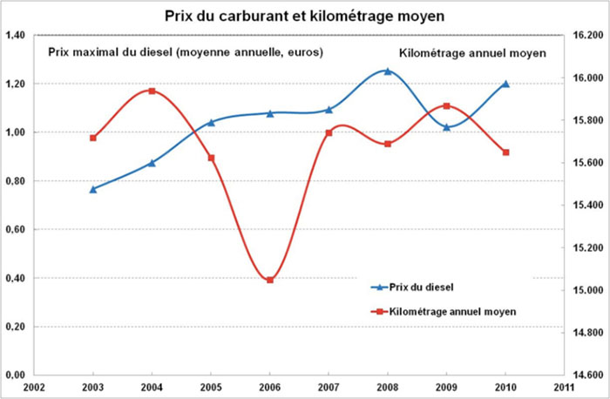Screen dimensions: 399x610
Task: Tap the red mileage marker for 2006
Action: [x=270, y=280]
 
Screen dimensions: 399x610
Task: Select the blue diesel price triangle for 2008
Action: [x=388, y=71]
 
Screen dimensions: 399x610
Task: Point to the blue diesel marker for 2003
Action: [x=93, y=189]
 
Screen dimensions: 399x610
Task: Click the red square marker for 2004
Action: [x=152, y=91]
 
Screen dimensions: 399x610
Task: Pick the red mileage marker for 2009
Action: [x=446, y=106]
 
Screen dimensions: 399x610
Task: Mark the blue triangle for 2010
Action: [x=505, y=85]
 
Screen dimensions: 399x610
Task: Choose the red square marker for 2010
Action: [x=505, y=152]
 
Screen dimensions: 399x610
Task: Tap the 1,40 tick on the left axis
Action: [x=15, y=36]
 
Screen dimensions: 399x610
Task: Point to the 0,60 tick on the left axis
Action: [x=15, y=230]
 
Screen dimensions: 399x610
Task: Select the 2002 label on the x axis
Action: [x=34, y=387]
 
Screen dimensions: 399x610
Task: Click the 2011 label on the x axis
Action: [x=563, y=387]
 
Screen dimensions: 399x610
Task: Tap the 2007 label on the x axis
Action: [x=329, y=387]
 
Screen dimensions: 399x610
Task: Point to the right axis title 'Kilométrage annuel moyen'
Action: [x=472, y=53]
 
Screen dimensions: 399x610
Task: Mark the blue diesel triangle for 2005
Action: [x=211, y=122]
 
